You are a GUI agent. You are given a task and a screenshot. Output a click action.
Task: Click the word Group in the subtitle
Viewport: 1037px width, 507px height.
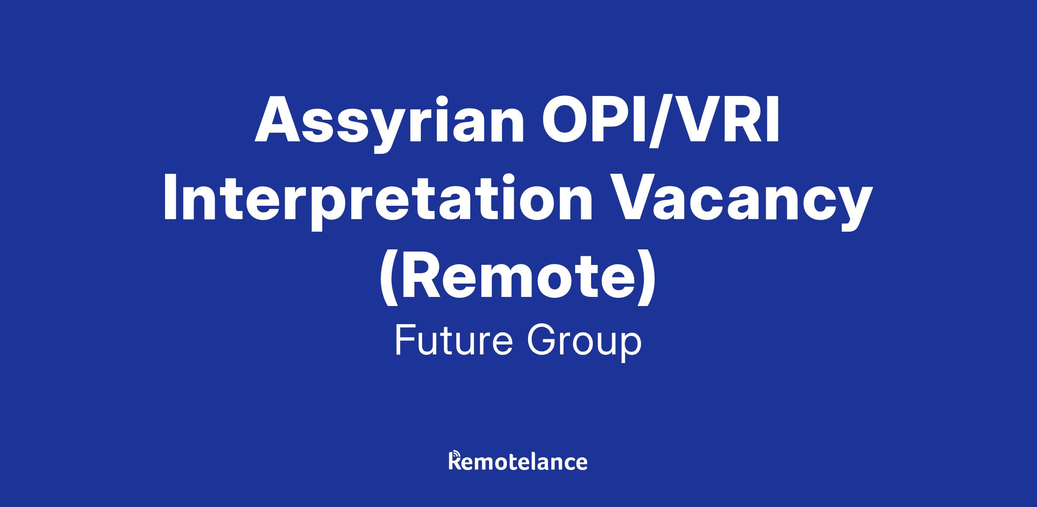[584, 344]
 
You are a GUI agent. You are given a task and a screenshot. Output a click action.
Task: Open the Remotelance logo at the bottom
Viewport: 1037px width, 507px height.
[518, 461]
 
